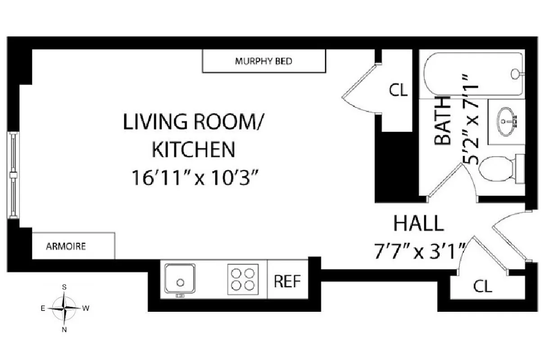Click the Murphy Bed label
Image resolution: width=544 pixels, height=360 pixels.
coord(263,61)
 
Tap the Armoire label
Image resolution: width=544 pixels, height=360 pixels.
coord(66,247)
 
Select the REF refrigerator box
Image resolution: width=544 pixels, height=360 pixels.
coord(287,281)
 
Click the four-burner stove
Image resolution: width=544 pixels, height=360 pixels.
coord(243,279)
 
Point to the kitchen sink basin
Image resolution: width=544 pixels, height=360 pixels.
coord(180,279)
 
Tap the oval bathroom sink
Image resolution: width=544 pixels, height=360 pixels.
coord(508,121)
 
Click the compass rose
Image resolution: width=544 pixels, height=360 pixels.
coord(65,308)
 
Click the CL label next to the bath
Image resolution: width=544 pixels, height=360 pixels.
coord(398,90)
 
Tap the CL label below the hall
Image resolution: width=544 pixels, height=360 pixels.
coord(483,286)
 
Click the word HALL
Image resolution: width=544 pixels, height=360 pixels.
coord(418,223)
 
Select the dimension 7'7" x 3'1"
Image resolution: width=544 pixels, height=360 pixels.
coord(419,251)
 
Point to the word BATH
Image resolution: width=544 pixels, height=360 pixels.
coord(443,121)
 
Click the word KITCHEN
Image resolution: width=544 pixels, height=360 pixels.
coord(194,149)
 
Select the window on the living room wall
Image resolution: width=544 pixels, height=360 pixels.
coord(13,175)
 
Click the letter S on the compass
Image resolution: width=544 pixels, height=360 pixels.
coord(65,287)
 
